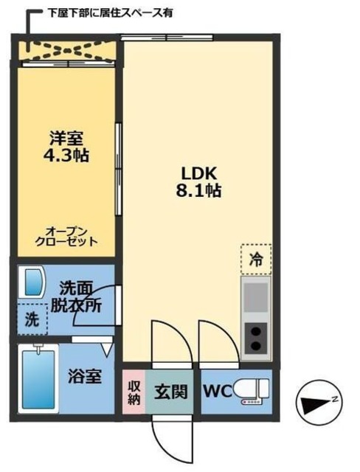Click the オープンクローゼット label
point(66,235)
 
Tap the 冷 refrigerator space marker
point(255,260)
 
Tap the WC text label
point(215,390)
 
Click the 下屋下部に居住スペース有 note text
point(110,13)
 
